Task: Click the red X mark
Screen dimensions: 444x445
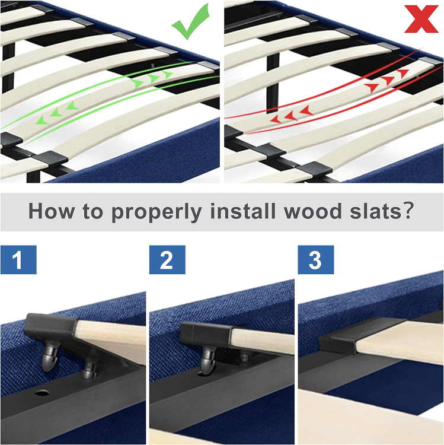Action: tap(421, 19)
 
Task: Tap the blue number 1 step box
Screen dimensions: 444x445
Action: tap(18, 260)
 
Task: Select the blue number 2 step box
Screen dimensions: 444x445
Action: tap(167, 260)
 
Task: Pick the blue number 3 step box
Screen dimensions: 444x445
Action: tap(315, 260)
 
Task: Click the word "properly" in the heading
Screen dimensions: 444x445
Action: tap(156, 212)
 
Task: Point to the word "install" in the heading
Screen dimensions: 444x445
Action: tap(243, 211)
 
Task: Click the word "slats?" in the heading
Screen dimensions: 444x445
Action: tap(382, 211)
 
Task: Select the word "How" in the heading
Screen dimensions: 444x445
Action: tap(52, 211)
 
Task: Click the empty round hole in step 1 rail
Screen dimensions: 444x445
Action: tap(42, 393)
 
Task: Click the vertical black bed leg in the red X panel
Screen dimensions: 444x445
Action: tap(273, 84)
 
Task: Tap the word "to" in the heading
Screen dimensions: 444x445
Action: tap(92, 211)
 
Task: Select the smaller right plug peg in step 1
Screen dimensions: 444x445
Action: tap(90, 368)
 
